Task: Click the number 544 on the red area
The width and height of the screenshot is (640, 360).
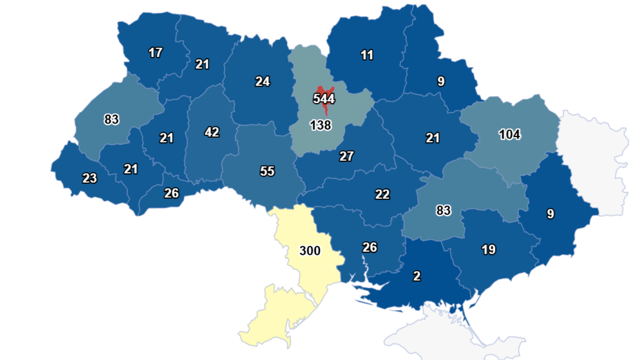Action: click(323, 99)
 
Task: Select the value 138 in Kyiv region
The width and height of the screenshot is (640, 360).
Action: click(320, 125)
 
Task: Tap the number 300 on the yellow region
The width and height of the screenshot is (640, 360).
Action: click(310, 251)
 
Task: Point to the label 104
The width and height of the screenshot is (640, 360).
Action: click(509, 135)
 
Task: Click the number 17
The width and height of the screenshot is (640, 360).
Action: click(155, 53)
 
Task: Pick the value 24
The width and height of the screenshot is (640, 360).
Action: click(262, 82)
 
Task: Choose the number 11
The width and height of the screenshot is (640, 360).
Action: click(367, 55)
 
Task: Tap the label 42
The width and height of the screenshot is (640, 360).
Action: click(212, 132)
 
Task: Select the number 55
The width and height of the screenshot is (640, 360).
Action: click(267, 171)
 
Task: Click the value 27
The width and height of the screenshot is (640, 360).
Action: click(346, 156)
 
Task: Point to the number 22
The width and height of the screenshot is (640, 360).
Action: click(382, 194)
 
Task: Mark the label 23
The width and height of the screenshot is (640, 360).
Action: click(89, 178)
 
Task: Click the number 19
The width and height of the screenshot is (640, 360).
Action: click(488, 250)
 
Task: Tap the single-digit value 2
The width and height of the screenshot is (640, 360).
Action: click(417, 276)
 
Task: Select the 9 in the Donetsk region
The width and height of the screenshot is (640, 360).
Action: click(550, 214)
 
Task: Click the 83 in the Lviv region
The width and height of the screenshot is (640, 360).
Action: click(112, 120)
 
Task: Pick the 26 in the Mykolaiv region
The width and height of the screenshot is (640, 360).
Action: click(370, 247)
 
